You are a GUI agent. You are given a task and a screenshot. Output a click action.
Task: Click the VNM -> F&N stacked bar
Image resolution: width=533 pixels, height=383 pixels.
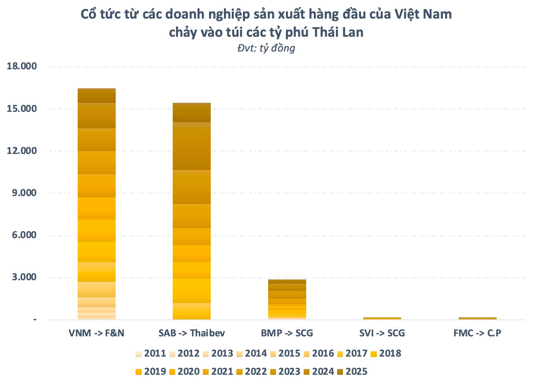pos(97,204)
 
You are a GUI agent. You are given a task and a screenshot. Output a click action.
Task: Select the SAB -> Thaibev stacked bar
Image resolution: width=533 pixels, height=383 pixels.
pos(191,211)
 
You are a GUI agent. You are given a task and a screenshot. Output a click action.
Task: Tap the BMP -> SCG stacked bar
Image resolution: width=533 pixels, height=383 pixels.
pos(287,299)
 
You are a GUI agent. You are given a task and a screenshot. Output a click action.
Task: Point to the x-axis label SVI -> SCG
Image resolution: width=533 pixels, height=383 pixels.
pos(382,333)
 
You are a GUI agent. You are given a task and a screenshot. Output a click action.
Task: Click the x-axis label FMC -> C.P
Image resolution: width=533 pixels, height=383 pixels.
pos(477,333)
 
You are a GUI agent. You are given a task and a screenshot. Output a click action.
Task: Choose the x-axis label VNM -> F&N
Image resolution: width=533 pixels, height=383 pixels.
pos(97,333)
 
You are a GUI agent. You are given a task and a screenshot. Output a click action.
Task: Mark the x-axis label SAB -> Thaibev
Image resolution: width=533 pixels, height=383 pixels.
pos(191,333)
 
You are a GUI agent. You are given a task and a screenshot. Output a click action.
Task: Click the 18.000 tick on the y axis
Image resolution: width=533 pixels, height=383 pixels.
pos(21,66)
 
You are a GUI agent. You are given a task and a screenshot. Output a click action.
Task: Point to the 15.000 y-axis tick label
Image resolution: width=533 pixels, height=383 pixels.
pos(21,109)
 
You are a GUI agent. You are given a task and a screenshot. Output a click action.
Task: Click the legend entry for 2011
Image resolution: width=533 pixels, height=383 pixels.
pos(150,354)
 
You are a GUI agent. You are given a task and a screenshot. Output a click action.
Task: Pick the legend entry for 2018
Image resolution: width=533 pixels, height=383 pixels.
pos(385,354)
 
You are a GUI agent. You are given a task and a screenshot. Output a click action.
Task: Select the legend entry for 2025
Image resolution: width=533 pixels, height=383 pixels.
pos(352,371)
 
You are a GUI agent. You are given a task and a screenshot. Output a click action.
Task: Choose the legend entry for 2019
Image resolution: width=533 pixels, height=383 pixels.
pos(150,371)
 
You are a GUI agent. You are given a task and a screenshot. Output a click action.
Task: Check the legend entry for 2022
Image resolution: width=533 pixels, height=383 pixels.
pos(251,371)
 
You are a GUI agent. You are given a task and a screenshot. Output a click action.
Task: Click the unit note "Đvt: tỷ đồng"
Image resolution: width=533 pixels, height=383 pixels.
pos(266,48)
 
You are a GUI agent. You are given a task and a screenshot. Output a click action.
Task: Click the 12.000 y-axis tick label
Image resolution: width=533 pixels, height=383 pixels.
pos(21,151)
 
